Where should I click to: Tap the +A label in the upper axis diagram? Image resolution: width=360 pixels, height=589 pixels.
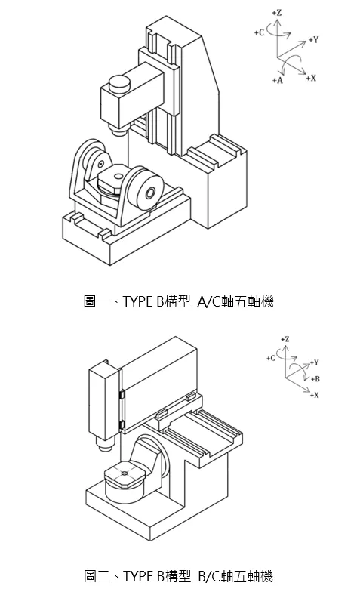point(278,80)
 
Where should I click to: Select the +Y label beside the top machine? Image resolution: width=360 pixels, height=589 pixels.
point(313,39)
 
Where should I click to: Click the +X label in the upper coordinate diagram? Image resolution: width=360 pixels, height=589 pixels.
point(311,78)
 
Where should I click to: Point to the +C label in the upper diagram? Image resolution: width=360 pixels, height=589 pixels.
point(259,32)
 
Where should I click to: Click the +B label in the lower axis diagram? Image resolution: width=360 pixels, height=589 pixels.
point(315,378)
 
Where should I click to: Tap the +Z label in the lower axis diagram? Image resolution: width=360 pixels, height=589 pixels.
point(285,339)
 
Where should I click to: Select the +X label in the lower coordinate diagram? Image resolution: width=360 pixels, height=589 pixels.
point(315,395)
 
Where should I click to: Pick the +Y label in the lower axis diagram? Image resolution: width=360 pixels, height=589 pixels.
point(315,362)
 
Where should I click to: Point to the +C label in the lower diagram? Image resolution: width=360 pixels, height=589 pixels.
point(271,358)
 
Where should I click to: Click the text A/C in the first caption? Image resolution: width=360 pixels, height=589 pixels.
point(210,301)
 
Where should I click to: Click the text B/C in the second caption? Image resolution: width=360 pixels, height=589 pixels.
point(210,576)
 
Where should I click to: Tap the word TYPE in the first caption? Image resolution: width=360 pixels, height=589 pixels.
point(137,301)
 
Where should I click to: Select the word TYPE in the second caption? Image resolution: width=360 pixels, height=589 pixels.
point(137,576)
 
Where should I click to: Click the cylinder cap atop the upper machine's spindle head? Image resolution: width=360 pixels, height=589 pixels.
point(119,83)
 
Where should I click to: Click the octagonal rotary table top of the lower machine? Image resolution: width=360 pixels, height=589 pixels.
point(125,474)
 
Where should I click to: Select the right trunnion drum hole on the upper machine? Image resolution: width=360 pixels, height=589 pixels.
point(150,193)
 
